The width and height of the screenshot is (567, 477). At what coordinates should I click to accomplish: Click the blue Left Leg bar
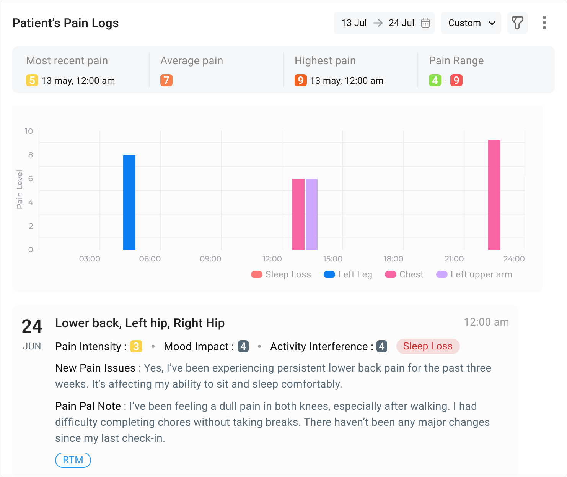point(129,202)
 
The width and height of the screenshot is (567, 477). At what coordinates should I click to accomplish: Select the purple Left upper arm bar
point(312,214)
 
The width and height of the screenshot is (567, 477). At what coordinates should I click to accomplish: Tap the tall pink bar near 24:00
point(494,195)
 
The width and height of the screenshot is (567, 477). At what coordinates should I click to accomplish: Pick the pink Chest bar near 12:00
point(298,214)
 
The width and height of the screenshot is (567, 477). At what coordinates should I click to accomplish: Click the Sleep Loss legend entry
point(281,274)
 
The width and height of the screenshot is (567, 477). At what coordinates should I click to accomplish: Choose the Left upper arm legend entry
point(474,274)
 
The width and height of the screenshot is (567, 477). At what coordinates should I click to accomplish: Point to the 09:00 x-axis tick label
point(210,259)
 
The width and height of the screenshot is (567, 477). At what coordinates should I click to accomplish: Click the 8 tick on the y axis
point(31,155)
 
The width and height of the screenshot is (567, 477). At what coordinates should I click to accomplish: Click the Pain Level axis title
point(20,190)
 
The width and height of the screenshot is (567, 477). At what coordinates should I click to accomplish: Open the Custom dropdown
point(471,23)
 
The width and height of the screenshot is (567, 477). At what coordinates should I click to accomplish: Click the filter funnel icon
point(518,23)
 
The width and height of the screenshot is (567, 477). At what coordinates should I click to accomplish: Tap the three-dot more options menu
point(544,23)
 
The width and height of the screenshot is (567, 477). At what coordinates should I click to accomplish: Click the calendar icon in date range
point(425,23)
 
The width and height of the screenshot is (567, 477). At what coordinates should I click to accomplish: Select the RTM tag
point(73,460)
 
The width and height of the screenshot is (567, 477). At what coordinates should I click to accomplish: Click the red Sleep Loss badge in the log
point(428,346)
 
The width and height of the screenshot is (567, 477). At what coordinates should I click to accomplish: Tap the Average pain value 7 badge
point(166,80)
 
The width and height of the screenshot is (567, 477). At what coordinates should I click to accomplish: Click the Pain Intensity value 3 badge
point(136,346)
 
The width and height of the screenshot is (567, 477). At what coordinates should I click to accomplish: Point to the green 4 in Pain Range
point(435,80)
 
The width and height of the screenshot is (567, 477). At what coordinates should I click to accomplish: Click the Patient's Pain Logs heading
point(65,23)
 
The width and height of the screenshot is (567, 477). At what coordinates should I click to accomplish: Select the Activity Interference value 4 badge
point(381,346)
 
